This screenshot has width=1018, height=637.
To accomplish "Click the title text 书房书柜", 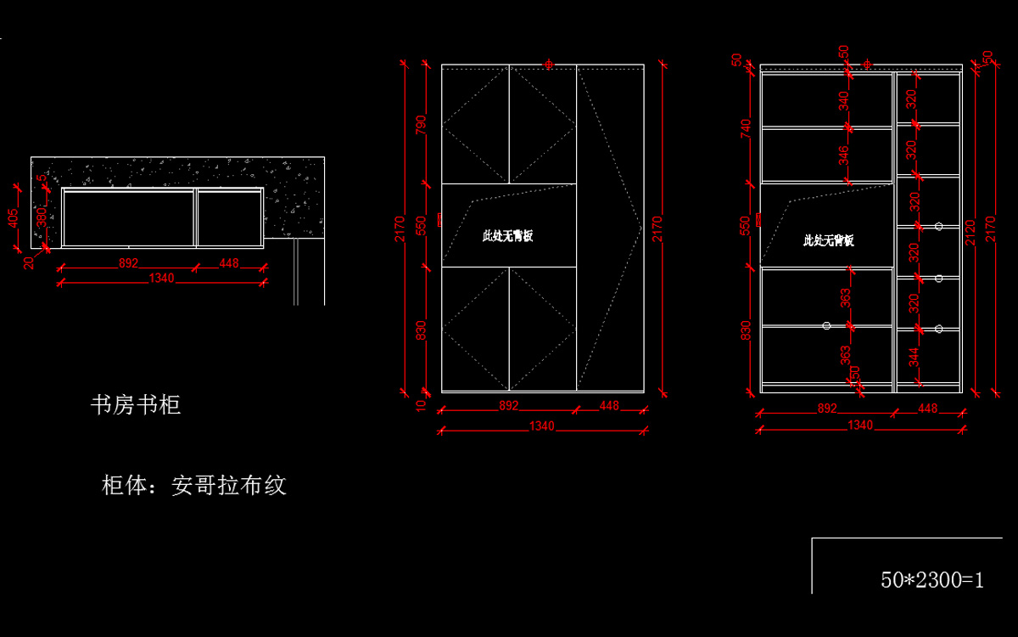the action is click(x=136, y=405).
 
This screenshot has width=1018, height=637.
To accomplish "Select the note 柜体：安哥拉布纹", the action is click(x=194, y=486).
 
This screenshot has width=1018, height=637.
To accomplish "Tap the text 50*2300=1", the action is click(x=932, y=580).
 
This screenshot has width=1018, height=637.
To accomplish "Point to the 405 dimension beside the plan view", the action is click(x=14, y=218).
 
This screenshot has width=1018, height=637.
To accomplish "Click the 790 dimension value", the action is click(x=421, y=124).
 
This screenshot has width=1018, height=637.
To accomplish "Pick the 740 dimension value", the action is click(x=746, y=128).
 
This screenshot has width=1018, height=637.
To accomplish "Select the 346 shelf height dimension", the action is click(x=843, y=155).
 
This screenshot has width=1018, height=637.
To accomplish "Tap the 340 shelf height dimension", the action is click(x=843, y=100).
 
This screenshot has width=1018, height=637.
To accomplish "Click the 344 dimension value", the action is click(x=914, y=358).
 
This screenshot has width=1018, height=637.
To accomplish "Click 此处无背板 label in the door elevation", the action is click(x=508, y=236).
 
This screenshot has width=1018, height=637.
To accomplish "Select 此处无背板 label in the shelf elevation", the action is click(x=829, y=240).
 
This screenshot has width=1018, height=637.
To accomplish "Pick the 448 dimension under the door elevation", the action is click(x=609, y=406).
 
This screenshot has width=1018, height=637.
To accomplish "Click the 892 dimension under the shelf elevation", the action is click(x=827, y=409).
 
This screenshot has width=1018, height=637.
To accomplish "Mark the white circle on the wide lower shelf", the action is click(x=827, y=325).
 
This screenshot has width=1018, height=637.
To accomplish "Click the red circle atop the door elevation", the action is click(x=549, y=65).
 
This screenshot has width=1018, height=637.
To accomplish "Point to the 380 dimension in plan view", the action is click(x=42, y=216).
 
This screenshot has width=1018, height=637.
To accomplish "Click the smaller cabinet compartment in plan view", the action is click(x=229, y=218).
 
